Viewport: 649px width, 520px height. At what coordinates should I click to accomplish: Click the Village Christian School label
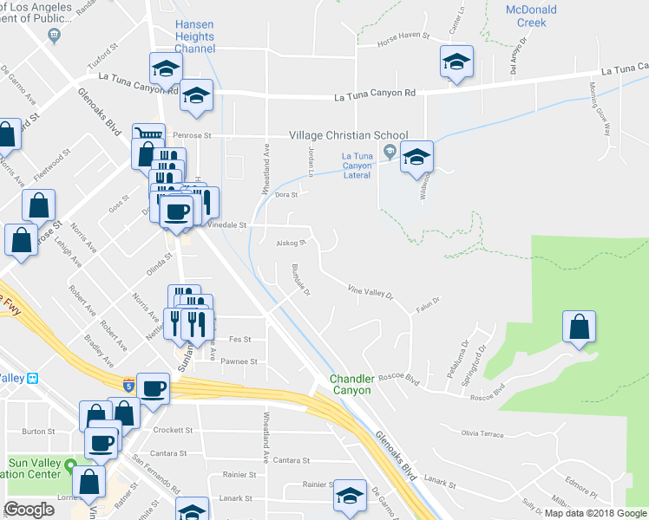pyautogui.click(x=348, y=135)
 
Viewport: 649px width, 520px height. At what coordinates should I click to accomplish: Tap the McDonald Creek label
pyautogui.click(x=531, y=16)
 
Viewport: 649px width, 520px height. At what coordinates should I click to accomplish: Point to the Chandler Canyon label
pyautogui.click(x=351, y=385)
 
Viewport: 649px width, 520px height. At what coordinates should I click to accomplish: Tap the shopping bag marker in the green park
pyautogui.click(x=579, y=327)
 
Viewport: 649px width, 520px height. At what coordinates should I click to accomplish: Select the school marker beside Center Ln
pyautogui.click(x=456, y=62)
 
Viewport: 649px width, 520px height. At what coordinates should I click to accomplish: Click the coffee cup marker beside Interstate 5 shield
pyautogui.click(x=154, y=387)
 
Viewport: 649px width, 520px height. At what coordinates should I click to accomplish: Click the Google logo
pyautogui.click(x=29, y=510)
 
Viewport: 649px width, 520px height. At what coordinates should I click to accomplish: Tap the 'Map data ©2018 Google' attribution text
pyautogui.click(x=595, y=513)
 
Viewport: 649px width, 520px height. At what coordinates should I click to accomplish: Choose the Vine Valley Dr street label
pyautogui.click(x=370, y=292)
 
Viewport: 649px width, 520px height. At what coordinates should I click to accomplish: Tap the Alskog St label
pyautogui.click(x=293, y=244)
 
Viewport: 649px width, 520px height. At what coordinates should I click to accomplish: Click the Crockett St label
pyautogui.click(x=173, y=430)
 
